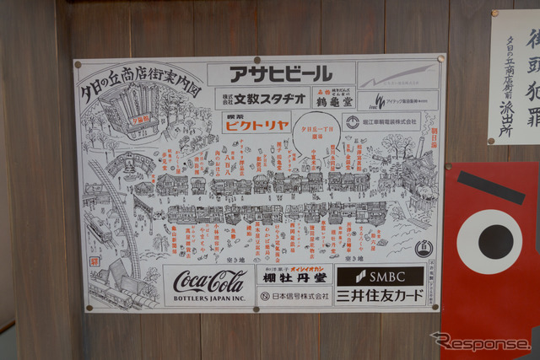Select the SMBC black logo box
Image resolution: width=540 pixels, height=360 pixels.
click(x=380, y=276)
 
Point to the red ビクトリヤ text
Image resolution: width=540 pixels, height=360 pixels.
click(x=256, y=123)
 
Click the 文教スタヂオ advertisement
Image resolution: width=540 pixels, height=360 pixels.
click(x=262, y=98)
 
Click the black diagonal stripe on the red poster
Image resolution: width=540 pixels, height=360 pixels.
click(x=490, y=187)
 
